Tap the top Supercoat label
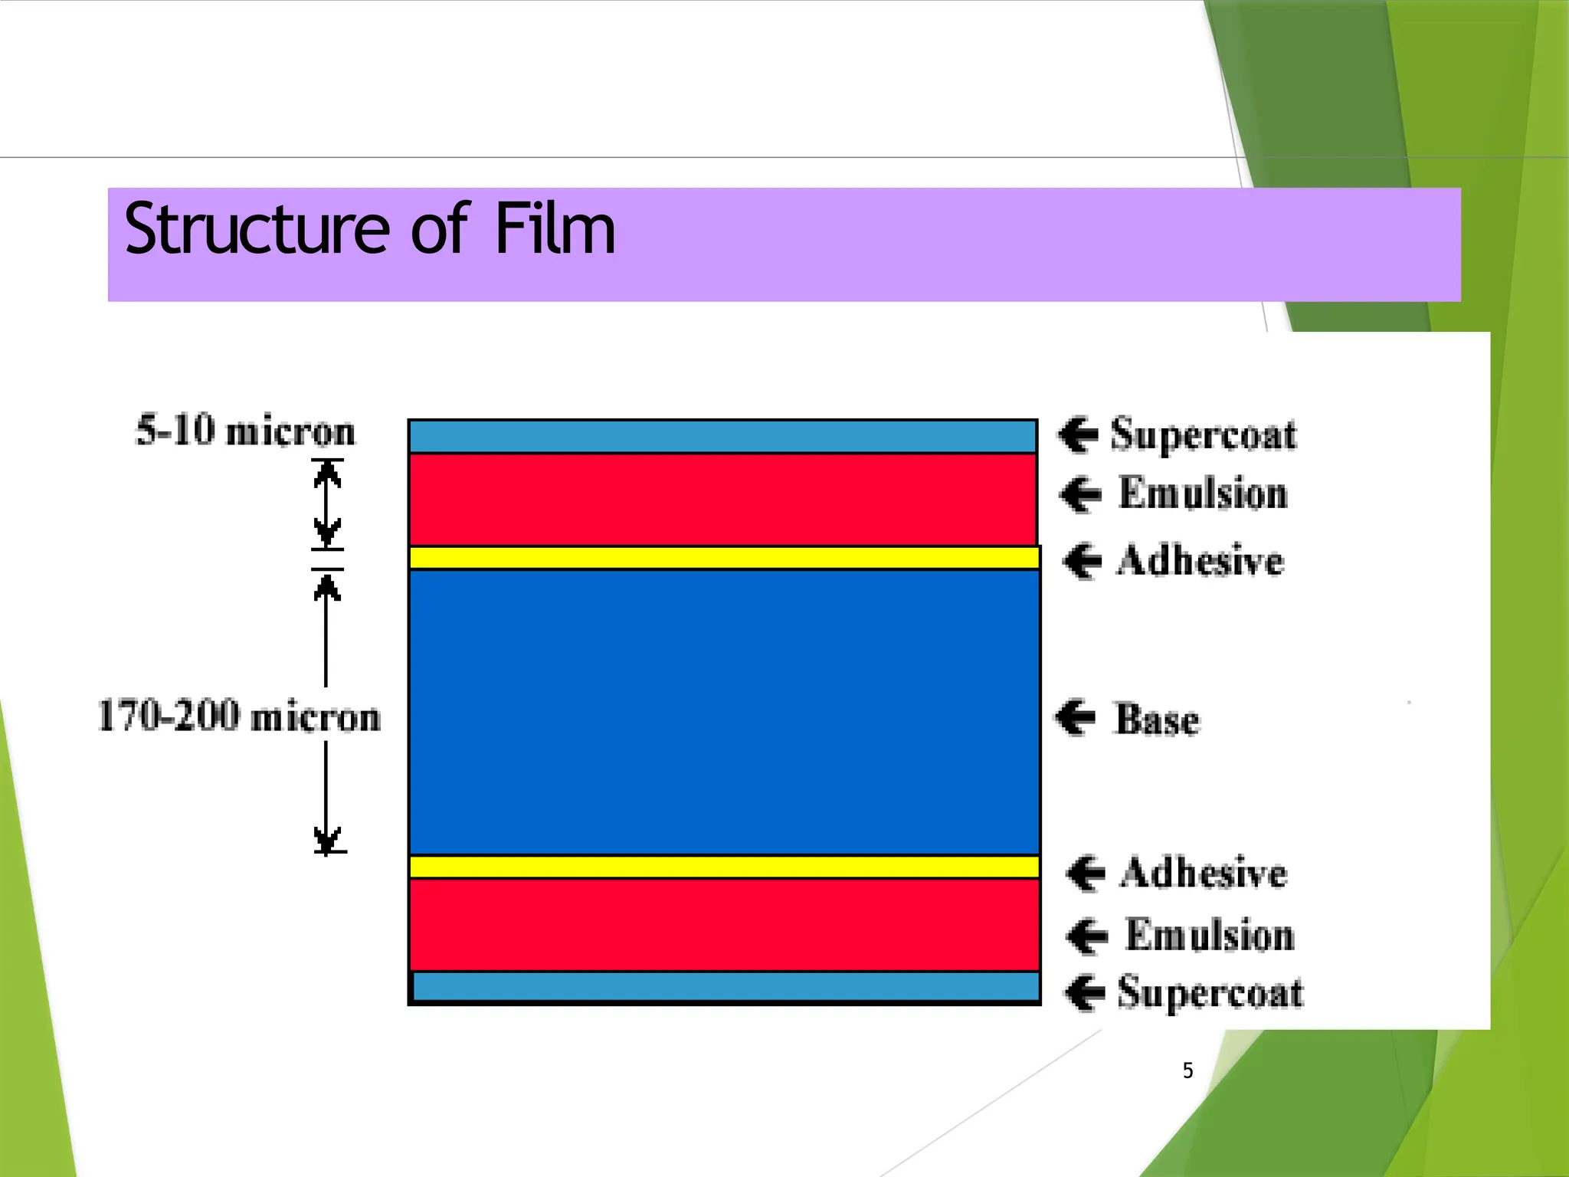[x=1203, y=434]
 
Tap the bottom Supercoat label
[x=1210, y=992]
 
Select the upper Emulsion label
[x=1203, y=493]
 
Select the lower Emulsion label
[x=1210, y=936]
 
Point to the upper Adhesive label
[x=1200, y=560]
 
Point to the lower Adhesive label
[x=1203, y=874]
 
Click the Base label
[x=1157, y=720]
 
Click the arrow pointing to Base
[x=1076, y=717]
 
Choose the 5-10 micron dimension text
[x=245, y=431]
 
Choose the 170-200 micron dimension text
[x=239, y=716]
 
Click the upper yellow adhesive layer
[x=723, y=558]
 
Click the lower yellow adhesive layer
[x=723, y=867]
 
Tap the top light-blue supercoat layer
[x=723, y=436]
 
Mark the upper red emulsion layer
[x=723, y=500]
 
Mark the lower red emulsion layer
[x=723, y=925]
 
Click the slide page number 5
[x=1187, y=1070]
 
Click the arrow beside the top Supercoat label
[x=1079, y=434]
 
